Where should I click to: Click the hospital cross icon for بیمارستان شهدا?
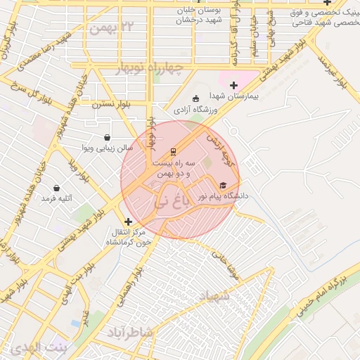(233, 85)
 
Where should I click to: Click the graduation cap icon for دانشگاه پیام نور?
(222, 186)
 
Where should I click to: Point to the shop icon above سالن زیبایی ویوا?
(106, 137)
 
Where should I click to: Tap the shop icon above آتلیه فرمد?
(57, 188)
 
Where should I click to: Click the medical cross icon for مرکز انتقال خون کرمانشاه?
(127, 221)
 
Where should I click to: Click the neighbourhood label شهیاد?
(214, 297)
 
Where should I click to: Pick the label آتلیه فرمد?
(56, 199)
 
